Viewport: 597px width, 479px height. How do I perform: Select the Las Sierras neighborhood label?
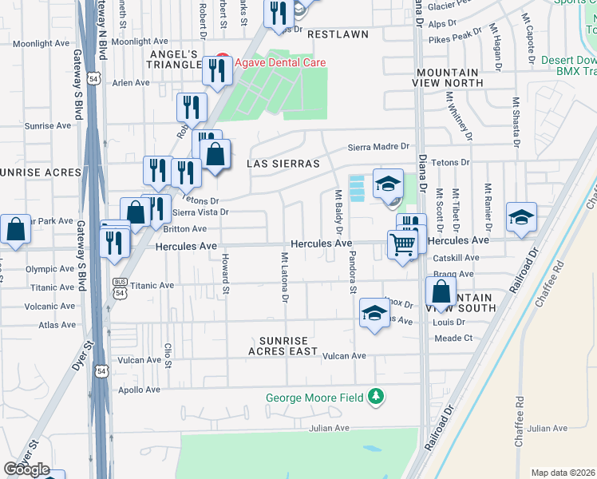[283, 163]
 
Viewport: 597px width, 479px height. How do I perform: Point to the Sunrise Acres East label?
[283, 346]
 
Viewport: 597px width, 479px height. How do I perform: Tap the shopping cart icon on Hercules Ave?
[404, 244]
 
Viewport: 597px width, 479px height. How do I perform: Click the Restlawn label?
[338, 34]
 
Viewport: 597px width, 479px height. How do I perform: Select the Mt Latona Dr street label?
[284, 278]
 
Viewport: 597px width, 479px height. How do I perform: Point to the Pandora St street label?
[351, 272]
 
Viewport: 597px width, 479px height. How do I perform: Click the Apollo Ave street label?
[140, 390]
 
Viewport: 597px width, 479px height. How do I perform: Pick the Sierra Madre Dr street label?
[378, 147]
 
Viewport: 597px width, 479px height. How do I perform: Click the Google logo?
[26, 469]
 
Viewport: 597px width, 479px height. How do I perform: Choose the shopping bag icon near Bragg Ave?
[441, 292]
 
